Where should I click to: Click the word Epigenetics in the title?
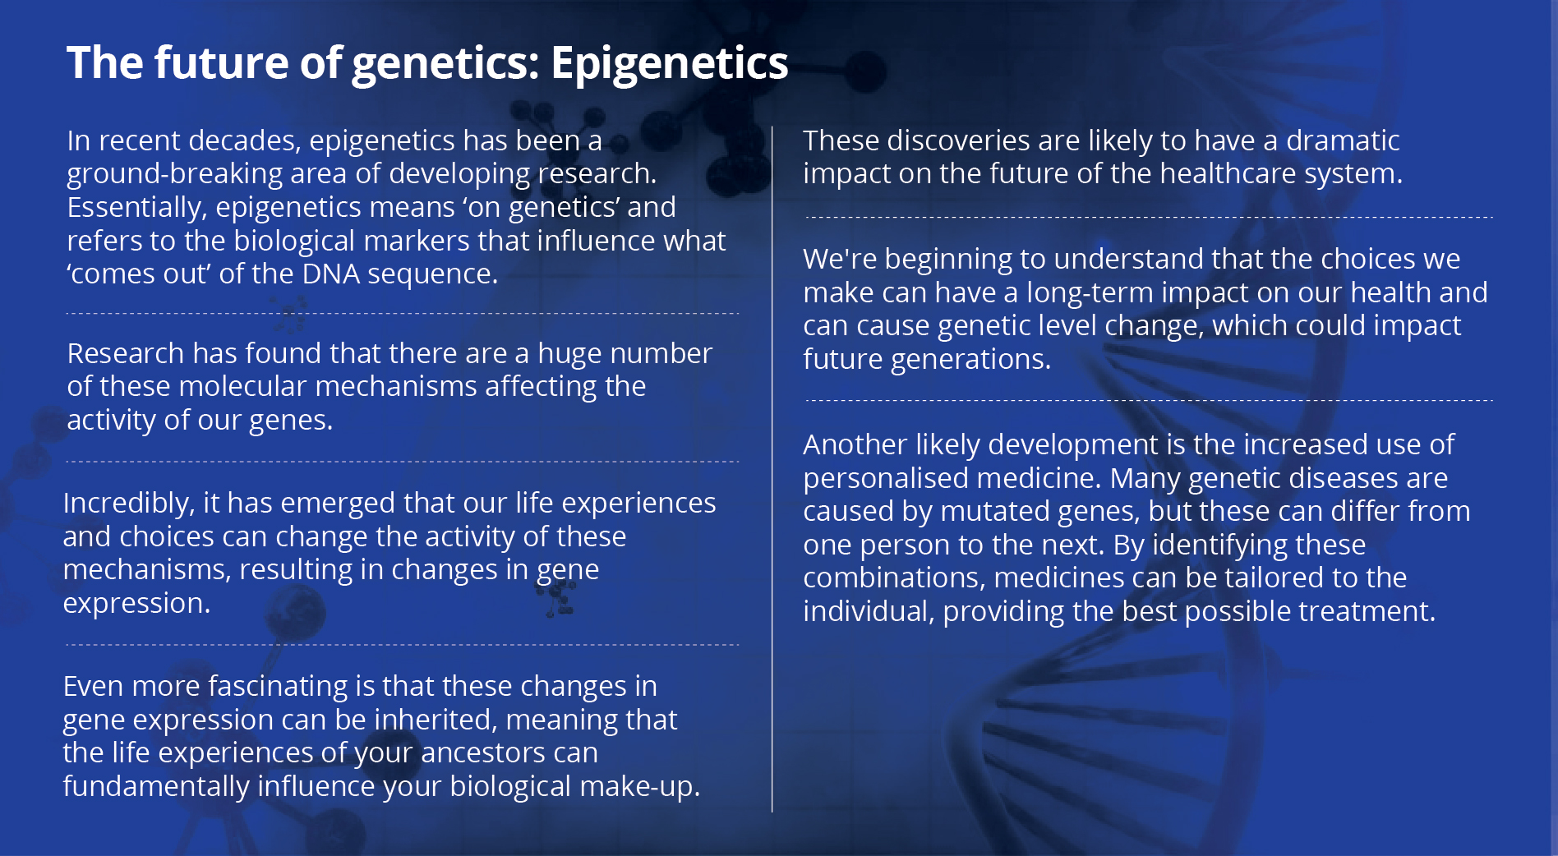669,64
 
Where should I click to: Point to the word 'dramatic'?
1343,141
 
